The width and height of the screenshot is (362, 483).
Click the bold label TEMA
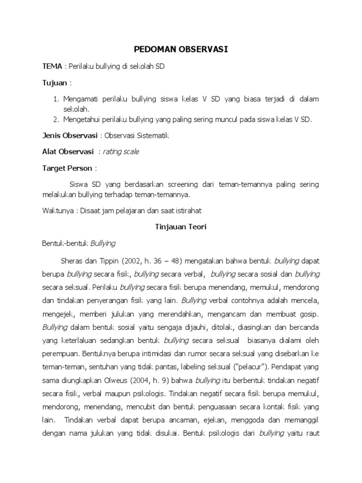coord(52,67)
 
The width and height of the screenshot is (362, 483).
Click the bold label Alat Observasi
coord(68,152)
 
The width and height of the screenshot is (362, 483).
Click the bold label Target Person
coord(67,168)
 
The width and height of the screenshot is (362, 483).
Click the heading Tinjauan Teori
coord(181,227)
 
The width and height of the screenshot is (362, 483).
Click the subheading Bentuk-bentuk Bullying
coord(79,243)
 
